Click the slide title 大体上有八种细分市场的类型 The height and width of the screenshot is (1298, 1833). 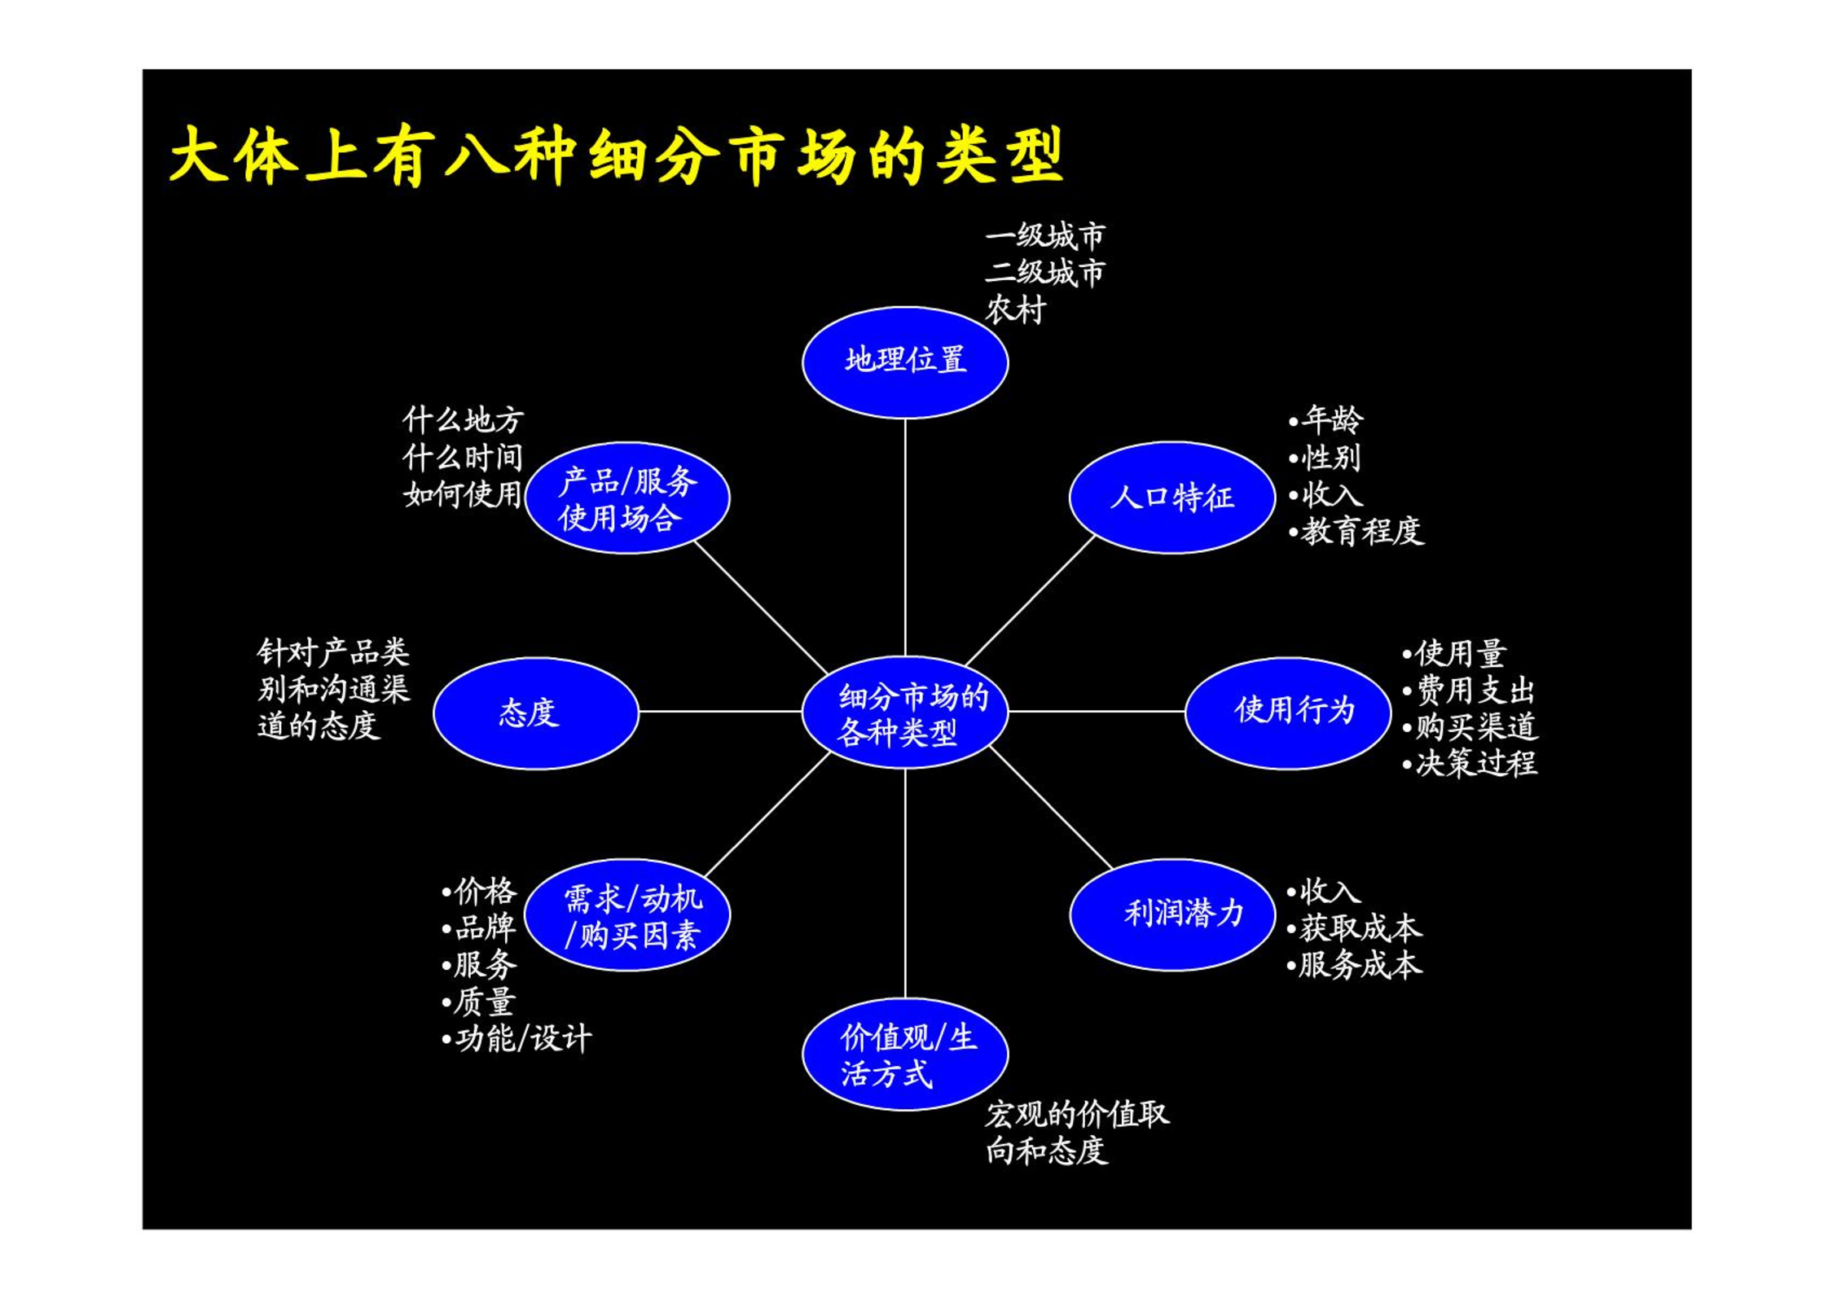pos(616,156)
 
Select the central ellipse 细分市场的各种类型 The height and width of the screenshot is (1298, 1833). pos(905,713)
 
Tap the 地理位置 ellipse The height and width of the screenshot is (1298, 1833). pos(905,362)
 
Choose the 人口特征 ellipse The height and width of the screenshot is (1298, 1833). pos(1171,498)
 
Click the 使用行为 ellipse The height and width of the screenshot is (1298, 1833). pos(1288,713)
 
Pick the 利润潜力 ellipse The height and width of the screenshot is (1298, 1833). pos(1171,914)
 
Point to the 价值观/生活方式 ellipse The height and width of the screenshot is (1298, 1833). pos(905,1055)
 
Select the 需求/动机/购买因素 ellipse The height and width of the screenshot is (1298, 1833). pos(627,914)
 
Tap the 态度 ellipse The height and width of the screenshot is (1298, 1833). pos(535,713)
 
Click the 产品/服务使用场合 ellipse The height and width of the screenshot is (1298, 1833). pos(627,498)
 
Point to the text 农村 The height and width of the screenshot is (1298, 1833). pos(1015,309)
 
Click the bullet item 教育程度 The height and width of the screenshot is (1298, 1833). pos(1356,531)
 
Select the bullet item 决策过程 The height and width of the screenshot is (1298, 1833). pos(1470,763)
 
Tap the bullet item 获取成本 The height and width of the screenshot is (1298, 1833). pos(1355,927)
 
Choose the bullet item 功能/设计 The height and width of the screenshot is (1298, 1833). pos(516,1038)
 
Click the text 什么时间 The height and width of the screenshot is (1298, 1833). pos(463,457)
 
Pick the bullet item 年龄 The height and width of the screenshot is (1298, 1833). pos(1325,419)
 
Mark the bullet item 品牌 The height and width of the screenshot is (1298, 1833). pos(479,927)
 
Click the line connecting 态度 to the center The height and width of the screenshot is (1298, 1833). pos(720,711)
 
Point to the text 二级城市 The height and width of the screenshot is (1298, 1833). pos(1045,272)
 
